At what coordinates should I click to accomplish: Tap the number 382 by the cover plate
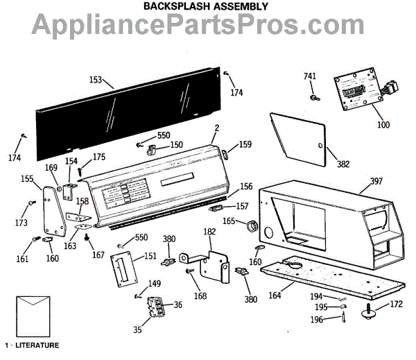pos(343,164)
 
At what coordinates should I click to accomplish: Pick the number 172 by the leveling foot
pos(395,305)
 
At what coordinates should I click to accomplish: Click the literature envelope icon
pos(32,315)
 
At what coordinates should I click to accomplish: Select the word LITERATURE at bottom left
pos(35,345)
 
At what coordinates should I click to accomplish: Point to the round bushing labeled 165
pos(254,224)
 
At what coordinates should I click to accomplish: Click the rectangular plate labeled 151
pos(123,268)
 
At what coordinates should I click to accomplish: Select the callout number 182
pos(209,231)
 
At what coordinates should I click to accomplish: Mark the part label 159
pos(245,145)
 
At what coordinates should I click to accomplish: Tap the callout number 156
pos(246,186)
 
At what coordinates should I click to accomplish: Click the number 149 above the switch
pos(154,283)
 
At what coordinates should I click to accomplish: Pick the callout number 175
pos(99,157)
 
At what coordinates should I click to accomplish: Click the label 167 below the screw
pos(98,255)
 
